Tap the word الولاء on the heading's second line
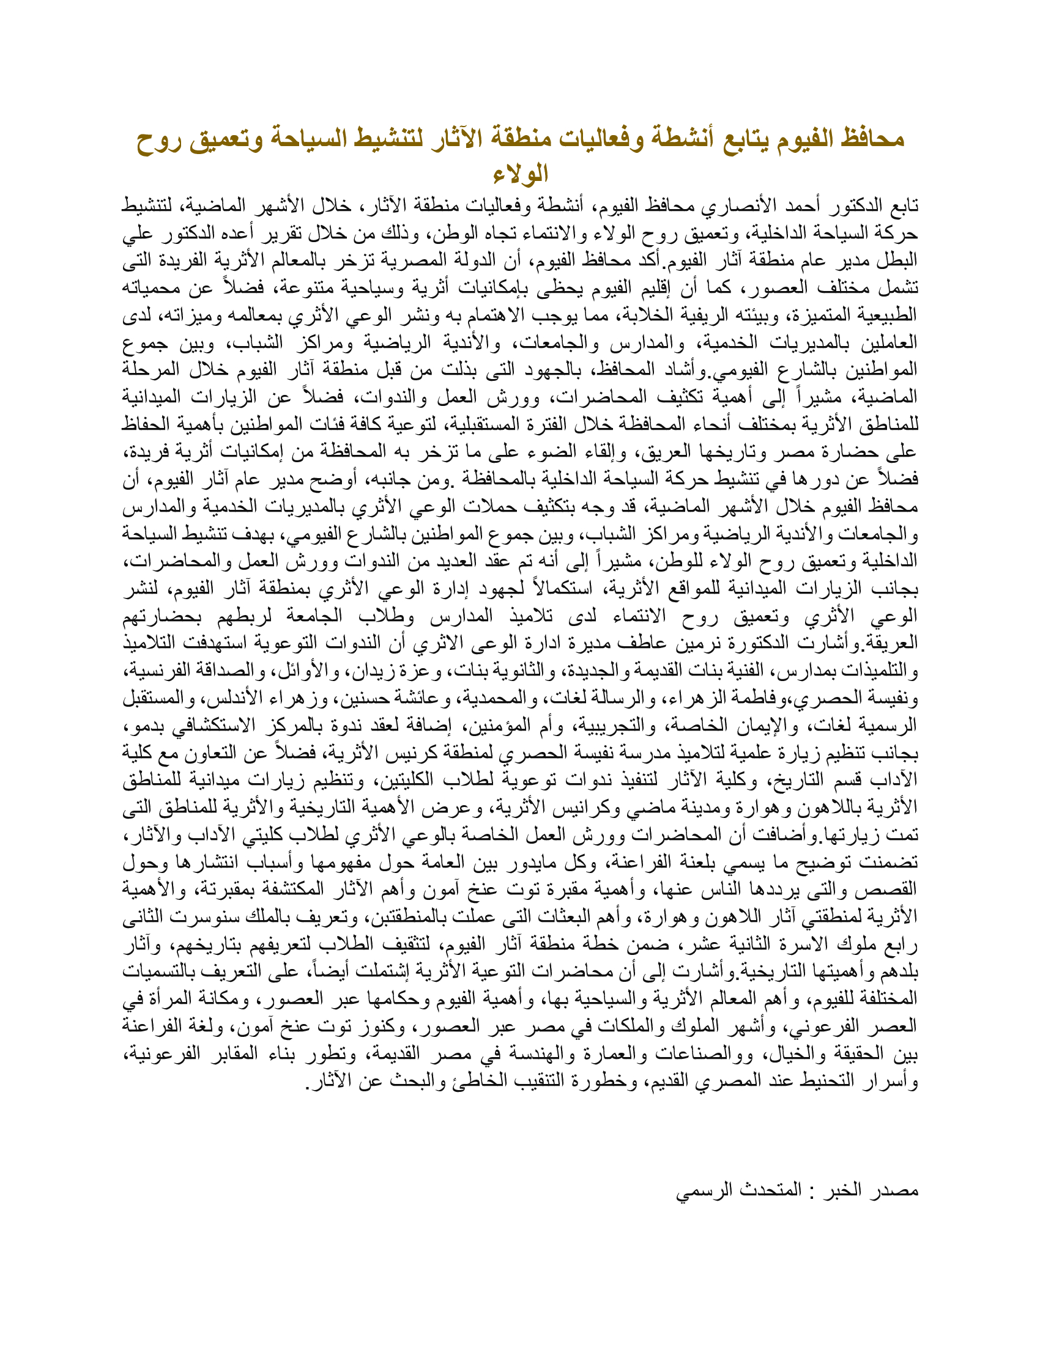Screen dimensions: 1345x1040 pyautogui.click(x=521, y=174)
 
